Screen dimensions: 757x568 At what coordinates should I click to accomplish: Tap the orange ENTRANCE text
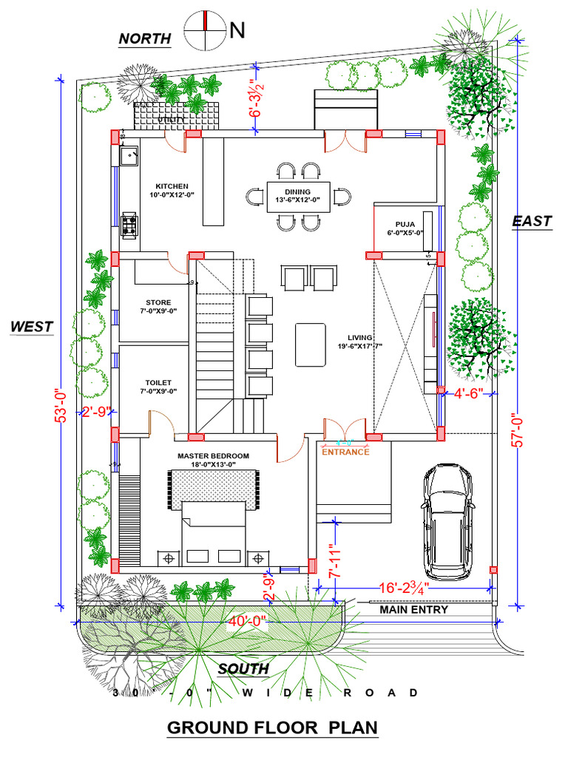345,451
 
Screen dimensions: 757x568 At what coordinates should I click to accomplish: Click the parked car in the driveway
448,522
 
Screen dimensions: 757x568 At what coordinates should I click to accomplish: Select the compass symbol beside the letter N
205,30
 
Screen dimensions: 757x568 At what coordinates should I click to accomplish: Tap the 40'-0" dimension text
247,621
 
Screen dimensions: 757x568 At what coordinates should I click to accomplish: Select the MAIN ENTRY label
414,610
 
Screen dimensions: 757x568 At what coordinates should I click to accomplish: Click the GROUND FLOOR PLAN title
272,727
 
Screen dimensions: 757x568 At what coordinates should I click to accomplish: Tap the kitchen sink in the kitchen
129,156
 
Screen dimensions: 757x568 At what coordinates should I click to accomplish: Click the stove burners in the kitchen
129,224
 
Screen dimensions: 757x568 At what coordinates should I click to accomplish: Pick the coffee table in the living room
311,344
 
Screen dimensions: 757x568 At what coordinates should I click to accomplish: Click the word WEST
32,326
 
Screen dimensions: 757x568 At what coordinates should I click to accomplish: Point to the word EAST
532,220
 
